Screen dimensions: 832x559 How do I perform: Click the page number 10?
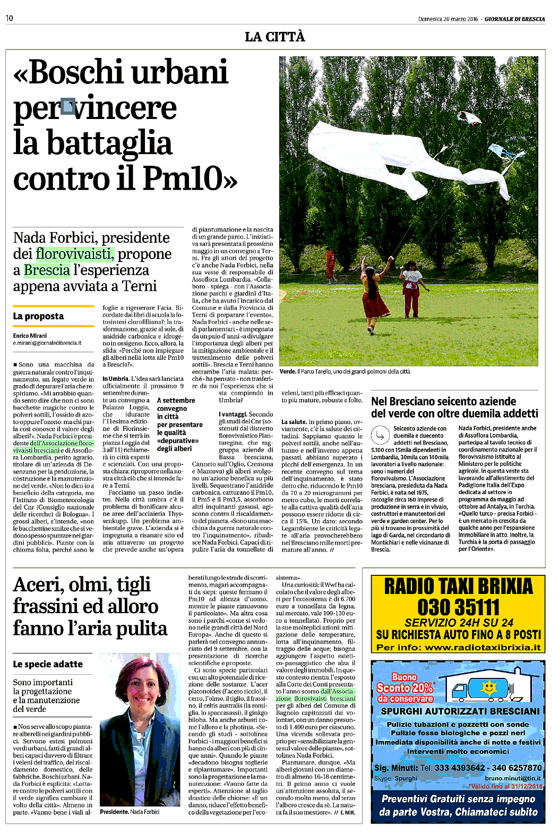[10, 19]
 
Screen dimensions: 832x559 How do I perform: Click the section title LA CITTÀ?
[274, 37]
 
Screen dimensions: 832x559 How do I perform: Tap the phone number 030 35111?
[458, 607]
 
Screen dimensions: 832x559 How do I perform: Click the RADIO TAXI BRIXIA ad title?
[458, 587]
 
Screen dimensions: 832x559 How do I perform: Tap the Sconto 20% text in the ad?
[405, 687]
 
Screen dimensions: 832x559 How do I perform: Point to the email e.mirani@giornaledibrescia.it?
[47, 343]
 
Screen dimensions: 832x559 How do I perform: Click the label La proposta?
[38, 316]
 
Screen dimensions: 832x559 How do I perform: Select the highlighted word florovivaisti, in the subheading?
[75, 254]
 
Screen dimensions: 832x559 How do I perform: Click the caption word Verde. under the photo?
[287, 371]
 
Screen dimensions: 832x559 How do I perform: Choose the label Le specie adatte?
[48, 664]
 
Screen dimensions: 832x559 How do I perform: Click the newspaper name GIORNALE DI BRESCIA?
[514, 19]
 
